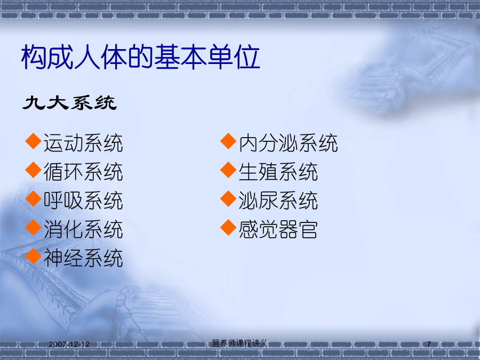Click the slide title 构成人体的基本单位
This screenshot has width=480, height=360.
[x=140, y=57]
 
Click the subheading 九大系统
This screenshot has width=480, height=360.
[x=69, y=102]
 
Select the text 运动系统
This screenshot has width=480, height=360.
[x=83, y=143]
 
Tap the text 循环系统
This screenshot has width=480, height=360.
[x=83, y=172]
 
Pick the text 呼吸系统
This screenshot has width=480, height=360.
[x=83, y=201]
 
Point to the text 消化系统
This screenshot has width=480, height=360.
[x=83, y=229]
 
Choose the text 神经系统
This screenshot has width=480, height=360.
[x=83, y=258]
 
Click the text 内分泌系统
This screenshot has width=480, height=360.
[x=289, y=143]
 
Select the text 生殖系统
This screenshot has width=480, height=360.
[x=278, y=172]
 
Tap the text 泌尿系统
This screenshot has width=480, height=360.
[x=278, y=201]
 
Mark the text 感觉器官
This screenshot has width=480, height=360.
[x=278, y=229]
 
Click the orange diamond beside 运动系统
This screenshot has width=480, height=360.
[x=34, y=141]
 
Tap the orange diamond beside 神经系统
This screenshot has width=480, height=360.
[x=34, y=256]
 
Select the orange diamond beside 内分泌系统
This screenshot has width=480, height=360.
[x=228, y=141]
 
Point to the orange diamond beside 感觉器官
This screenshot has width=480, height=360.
[x=228, y=227]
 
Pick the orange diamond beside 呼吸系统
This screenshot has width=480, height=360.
[x=34, y=199]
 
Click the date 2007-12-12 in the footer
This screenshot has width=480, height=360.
[x=69, y=345]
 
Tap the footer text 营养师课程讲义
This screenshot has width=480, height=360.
[x=239, y=343]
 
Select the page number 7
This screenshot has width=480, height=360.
[x=429, y=345]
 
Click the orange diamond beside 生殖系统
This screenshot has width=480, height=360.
[x=228, y=170]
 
